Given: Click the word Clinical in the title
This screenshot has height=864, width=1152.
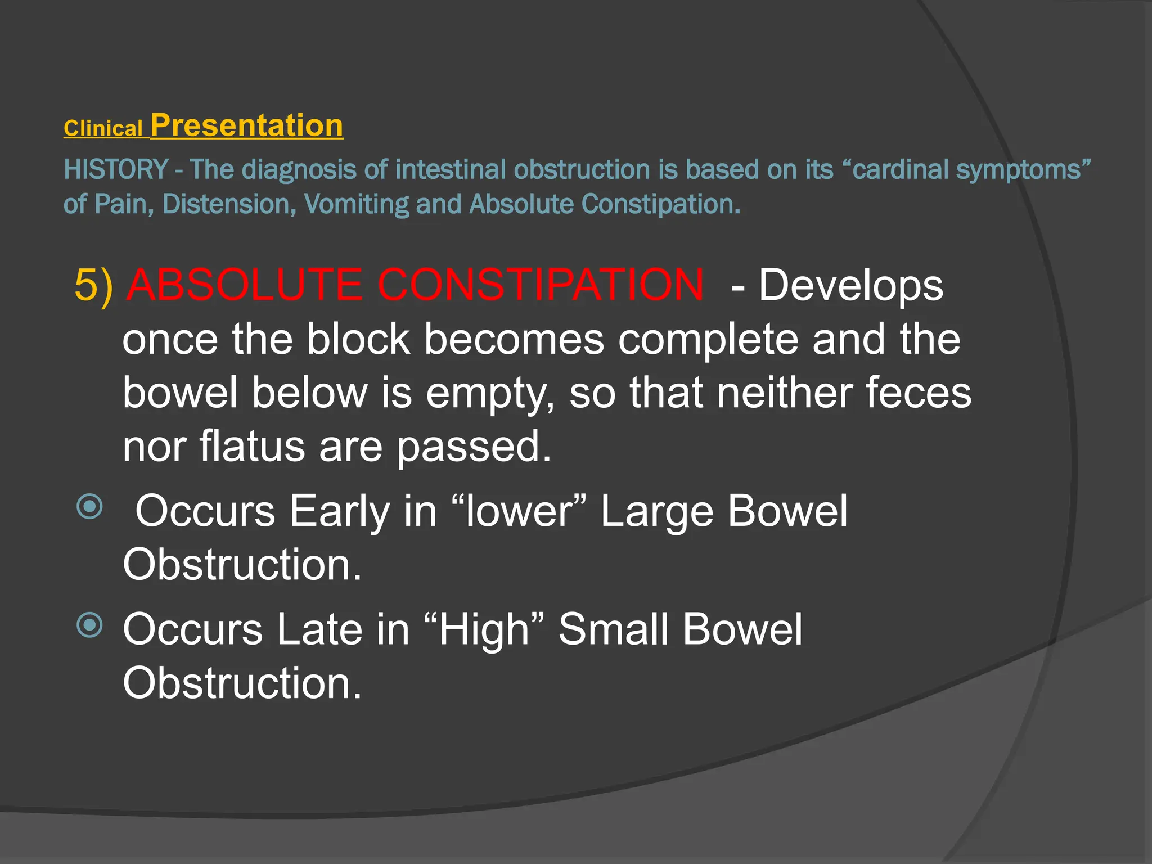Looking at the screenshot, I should point(103,129).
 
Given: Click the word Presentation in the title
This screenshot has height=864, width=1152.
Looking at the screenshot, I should point(247,125).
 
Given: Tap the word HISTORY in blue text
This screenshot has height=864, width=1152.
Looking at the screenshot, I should point(116,169).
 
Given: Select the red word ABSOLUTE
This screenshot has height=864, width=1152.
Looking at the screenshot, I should point(245,285).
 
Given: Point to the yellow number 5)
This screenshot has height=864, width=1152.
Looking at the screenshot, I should point(93,286).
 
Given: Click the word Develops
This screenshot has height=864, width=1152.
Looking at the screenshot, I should point(850,286).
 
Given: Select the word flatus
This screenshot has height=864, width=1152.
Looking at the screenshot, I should point(251,446).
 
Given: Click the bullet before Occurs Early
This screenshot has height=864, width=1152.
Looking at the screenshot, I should point(90,507).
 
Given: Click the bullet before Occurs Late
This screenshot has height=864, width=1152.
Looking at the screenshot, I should point(90,625).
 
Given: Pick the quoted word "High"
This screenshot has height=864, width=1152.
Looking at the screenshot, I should point(484,629).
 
